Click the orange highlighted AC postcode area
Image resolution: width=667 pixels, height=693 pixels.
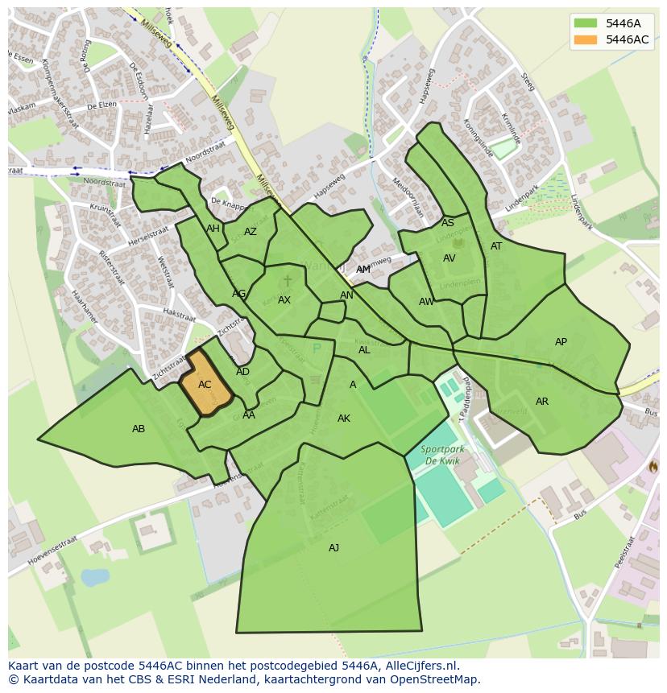[205, 385]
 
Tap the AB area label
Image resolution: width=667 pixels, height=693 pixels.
[139, 429]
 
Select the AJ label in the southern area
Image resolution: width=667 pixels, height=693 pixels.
[333, 548]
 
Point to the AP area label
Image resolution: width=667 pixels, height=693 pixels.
[561, 342]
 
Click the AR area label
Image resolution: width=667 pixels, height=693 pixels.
[542, 402]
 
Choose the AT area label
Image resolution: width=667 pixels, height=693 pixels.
[496, 246]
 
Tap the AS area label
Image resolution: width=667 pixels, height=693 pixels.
[448, 223]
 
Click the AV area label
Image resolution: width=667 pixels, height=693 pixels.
[449, 258]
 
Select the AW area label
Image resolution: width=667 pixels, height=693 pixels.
[426, 302]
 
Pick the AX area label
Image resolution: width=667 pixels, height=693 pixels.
[284, 300]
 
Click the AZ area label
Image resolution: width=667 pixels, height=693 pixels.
[251, 232]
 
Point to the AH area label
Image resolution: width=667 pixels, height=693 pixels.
[213, 229]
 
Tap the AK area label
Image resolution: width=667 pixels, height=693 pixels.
[344, 419]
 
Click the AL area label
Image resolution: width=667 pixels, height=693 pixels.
[364, 350]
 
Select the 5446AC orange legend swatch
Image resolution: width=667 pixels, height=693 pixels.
[586, 39]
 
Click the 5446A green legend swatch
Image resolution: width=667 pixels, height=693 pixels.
[586, 23]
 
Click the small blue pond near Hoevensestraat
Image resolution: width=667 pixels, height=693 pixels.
[95, 577]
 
